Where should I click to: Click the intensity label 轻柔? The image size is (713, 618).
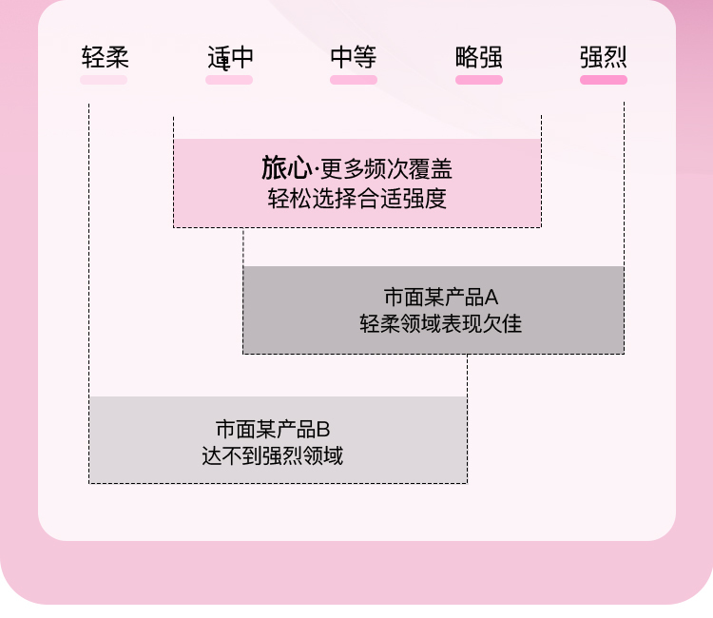click(105, 57)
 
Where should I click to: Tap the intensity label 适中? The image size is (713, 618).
click(230, 57)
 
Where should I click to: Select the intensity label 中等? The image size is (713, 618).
click(354, 57)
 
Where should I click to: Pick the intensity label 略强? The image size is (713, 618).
click(479, 57)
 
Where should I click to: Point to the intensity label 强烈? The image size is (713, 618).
click(604, 57)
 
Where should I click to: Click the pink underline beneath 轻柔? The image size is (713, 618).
click(104, 80)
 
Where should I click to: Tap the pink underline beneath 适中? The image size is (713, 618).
click(229, 80)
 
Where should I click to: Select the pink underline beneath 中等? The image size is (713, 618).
click(354, 80)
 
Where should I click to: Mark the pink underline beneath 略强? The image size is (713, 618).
click(479, 80)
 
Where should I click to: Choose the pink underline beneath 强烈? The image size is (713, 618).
click(604, 80)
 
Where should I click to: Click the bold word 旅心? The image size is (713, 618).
click(286, 169)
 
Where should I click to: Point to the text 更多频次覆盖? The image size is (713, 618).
click(386, 170)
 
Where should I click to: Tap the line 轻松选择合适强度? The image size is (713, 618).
click(356, 199)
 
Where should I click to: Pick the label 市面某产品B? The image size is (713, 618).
click(273, 428)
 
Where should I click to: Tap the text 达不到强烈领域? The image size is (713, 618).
click(272, 455)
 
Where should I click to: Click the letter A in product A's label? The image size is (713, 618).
click(491, 296)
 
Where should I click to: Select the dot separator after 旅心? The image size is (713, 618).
click(316, 171)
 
